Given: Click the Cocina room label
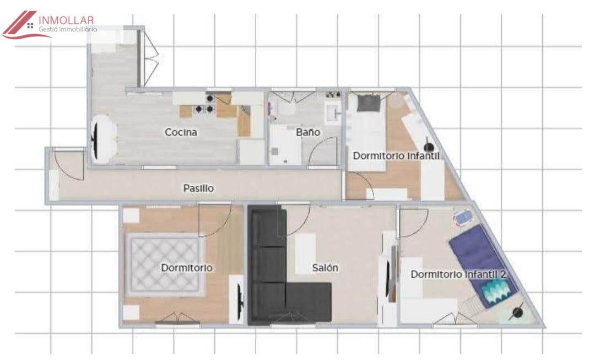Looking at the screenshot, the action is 181,132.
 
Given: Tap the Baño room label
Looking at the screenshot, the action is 308,132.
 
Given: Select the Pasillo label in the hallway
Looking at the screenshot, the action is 198,188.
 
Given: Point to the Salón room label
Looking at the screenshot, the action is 325,268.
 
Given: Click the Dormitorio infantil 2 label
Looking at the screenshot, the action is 458,274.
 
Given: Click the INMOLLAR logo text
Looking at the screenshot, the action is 66,20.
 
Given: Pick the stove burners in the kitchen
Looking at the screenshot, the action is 204,104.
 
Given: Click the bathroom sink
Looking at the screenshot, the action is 333,112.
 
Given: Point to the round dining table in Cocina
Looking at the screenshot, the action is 103,139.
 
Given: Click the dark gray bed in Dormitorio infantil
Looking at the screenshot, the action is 368,103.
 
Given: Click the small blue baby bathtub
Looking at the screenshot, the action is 463,218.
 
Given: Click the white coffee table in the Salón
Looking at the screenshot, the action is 305,254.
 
